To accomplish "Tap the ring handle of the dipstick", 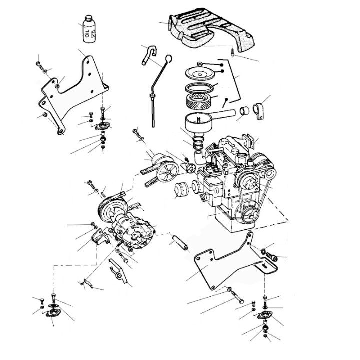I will coord(168,60).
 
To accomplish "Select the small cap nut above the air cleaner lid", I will coord(200,64).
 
